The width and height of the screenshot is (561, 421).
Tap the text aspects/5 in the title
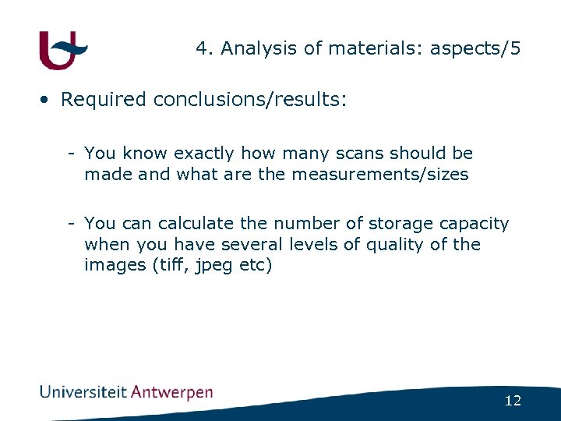[475, 48]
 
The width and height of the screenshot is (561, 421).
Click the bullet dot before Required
[47, 100]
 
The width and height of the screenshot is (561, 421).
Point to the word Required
[104, 100]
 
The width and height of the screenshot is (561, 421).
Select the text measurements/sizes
[379, 175]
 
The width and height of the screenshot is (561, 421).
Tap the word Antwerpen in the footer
[171, 392]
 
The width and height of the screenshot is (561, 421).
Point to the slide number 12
[513, 402]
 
